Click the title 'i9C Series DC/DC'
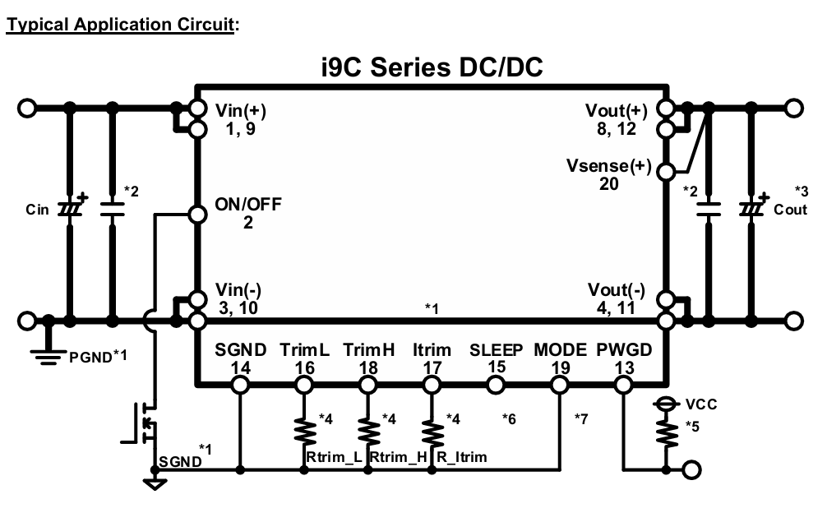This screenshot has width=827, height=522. (x=432, y=67)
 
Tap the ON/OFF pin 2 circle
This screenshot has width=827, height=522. (x=197, y=215)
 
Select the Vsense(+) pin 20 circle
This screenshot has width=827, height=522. (x=667, y=171)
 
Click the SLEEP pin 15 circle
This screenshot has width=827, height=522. (x=495, y=386)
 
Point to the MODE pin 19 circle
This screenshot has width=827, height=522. (x=560, y=386)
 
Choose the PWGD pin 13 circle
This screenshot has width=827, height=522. (x=623, y=386)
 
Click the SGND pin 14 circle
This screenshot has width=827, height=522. (x=240, y=386)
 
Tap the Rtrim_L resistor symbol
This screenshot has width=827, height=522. (x=304, y=432)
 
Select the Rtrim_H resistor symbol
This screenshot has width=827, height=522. (x=368, y=432)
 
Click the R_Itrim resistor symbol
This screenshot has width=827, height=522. (x=432, y=432)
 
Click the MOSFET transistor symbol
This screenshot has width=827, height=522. (x=142, y=423)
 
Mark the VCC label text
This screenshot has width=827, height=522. (x=701, y=404)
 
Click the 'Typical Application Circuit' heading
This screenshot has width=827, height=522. (x=120, y=25)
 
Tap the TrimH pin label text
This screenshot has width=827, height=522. (x=368, y=349)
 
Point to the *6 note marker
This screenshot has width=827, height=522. (x=509, y=418)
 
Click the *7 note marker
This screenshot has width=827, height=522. (x=580, y=418)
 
